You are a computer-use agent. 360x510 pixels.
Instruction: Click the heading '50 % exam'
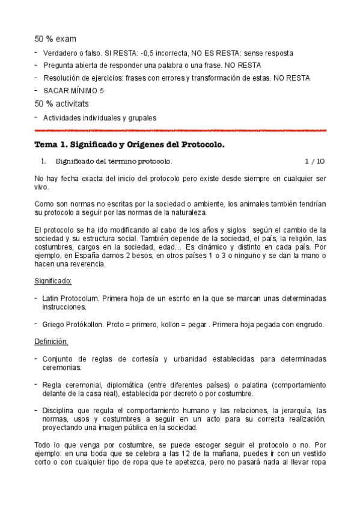[x=55, y=39]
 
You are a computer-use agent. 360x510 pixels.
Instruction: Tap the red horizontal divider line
[x=180, y=130]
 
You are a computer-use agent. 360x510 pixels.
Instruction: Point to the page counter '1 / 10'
[x=314, y=161]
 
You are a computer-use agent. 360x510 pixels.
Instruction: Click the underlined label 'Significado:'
[x=53, y=281]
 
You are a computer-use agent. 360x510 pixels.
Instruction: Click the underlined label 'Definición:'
[x=52, y=342]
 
